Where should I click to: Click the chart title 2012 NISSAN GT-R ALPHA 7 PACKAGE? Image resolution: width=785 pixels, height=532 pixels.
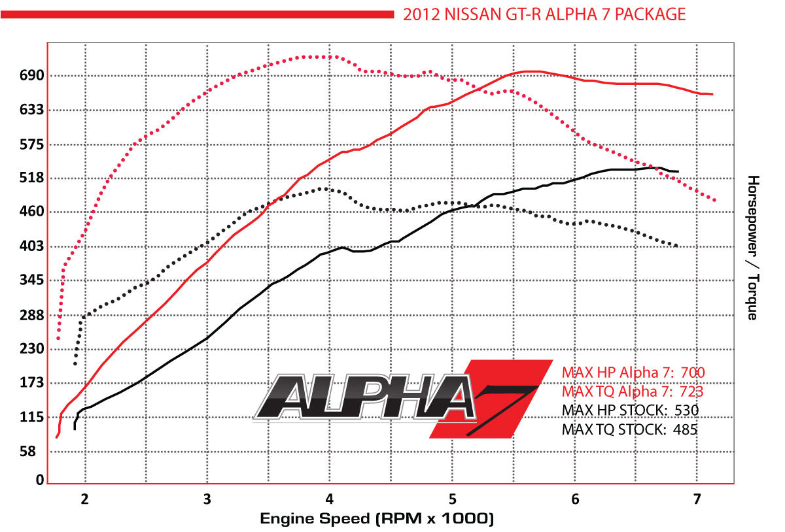click(544, 14)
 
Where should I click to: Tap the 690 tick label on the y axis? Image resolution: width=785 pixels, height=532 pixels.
click(31, 76)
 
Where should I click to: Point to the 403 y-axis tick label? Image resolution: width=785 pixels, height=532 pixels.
click(31, 246)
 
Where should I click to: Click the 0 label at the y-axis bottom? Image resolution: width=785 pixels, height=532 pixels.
click(39, 480)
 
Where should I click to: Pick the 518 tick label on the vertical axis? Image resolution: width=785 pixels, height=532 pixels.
click(31, 178)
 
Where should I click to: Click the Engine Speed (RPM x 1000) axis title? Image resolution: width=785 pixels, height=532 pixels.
click(376, 519)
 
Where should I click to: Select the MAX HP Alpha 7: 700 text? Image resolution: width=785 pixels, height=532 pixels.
click(633, 373)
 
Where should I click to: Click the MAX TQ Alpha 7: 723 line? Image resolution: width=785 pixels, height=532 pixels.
click(633, 391)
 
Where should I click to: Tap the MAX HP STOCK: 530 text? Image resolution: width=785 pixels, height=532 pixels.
click(631, 410)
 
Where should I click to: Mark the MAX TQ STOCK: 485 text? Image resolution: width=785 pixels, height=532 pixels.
click(629, 429)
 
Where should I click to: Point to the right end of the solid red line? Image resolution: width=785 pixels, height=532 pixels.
click(712, 95)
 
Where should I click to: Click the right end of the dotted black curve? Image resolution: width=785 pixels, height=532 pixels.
click(676, 246)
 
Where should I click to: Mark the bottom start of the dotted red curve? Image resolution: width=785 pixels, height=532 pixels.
click(58, 338)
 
